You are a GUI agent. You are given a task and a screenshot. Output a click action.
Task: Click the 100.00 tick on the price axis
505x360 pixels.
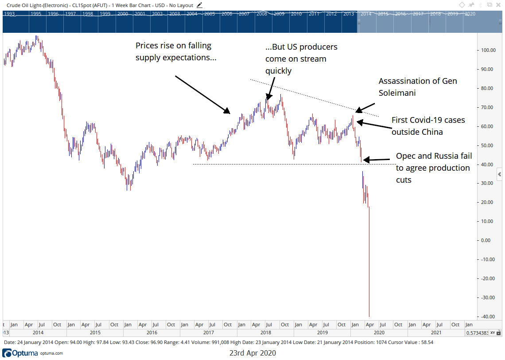488,50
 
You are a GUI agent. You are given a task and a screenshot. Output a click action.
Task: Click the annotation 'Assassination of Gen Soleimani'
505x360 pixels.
417,87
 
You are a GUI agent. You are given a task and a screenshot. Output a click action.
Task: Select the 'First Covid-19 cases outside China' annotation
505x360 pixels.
428,126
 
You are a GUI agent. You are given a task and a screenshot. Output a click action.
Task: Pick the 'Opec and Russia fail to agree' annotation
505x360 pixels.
433,168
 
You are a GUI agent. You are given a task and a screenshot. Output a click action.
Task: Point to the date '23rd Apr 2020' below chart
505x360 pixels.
252,353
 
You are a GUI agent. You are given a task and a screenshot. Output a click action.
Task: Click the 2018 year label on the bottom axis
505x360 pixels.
265,332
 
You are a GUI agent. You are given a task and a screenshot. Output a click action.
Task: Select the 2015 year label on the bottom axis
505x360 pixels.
95,332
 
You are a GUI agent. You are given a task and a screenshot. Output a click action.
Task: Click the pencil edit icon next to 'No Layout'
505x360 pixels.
200,5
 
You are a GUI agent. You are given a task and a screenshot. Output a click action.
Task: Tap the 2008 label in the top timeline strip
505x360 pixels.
261,14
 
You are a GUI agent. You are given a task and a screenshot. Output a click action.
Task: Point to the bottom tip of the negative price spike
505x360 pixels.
369,317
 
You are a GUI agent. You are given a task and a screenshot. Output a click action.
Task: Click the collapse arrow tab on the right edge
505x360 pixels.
499,173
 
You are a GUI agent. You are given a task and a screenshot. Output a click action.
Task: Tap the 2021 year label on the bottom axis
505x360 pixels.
436,332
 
